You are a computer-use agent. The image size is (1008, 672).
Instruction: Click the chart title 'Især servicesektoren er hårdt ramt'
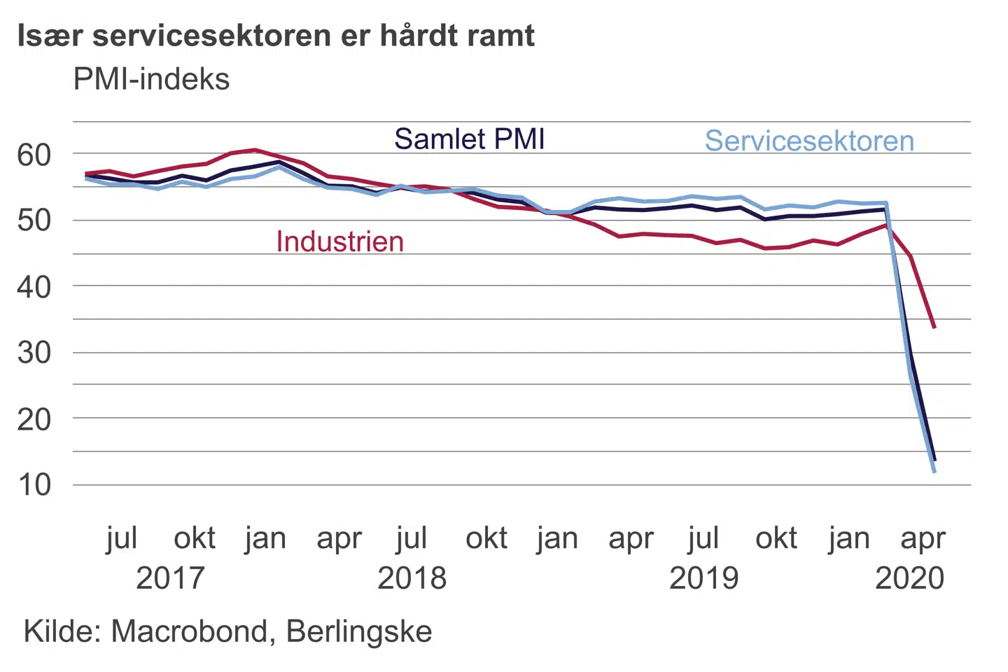[276, 35]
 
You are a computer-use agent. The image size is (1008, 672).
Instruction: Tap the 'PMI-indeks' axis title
[151, 79]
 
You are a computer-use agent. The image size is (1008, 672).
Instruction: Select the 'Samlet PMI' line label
[469, 139]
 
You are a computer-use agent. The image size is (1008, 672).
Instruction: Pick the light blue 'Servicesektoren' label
[809, 141]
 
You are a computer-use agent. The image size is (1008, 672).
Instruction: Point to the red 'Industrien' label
[340, 241]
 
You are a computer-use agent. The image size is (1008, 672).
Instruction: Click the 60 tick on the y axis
[34, 155]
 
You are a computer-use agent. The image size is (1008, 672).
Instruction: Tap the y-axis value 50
[34, 220]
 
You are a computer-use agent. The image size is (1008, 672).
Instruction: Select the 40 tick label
[34, 287]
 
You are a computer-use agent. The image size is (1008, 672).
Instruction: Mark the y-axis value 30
[34, 353]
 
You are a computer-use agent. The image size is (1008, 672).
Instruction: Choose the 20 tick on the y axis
[34, 419]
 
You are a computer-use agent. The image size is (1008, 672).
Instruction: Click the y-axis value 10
[34, 485]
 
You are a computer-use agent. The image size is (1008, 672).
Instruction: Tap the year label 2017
[170, 578]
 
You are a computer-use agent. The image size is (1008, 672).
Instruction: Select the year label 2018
[412, 578]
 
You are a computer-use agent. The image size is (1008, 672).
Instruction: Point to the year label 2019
[703, 578]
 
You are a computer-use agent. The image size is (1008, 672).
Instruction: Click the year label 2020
[910, 578]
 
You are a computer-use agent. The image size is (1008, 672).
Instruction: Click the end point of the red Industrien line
[934, 327]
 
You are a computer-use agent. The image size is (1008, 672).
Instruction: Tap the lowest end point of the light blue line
[934, 472]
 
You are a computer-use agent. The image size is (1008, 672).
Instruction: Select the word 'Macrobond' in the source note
[189, 631]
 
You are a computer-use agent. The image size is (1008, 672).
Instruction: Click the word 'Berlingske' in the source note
[359, 631]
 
